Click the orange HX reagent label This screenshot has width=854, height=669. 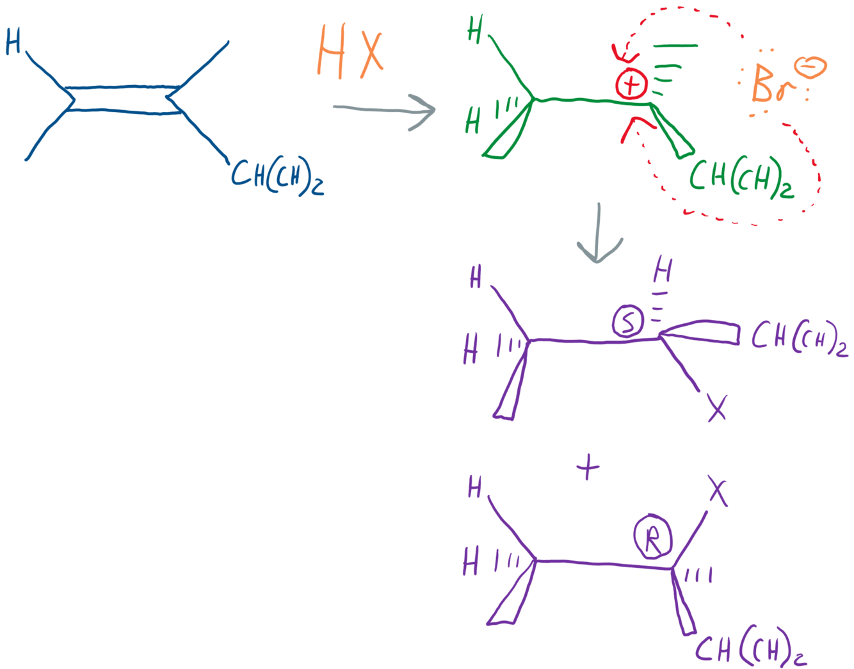point(351,52)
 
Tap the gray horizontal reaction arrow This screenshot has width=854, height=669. point(384,109)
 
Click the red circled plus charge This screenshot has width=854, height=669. point(631,84)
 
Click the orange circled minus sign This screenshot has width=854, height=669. point(810,67)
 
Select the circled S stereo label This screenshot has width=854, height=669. point(627,321)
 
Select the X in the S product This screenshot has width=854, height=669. point(717,407)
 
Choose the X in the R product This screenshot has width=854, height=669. point(718,492)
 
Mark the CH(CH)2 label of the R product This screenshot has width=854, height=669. point(750,649)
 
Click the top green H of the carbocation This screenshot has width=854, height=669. point(475,29)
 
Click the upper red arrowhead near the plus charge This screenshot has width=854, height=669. point(620,51)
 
